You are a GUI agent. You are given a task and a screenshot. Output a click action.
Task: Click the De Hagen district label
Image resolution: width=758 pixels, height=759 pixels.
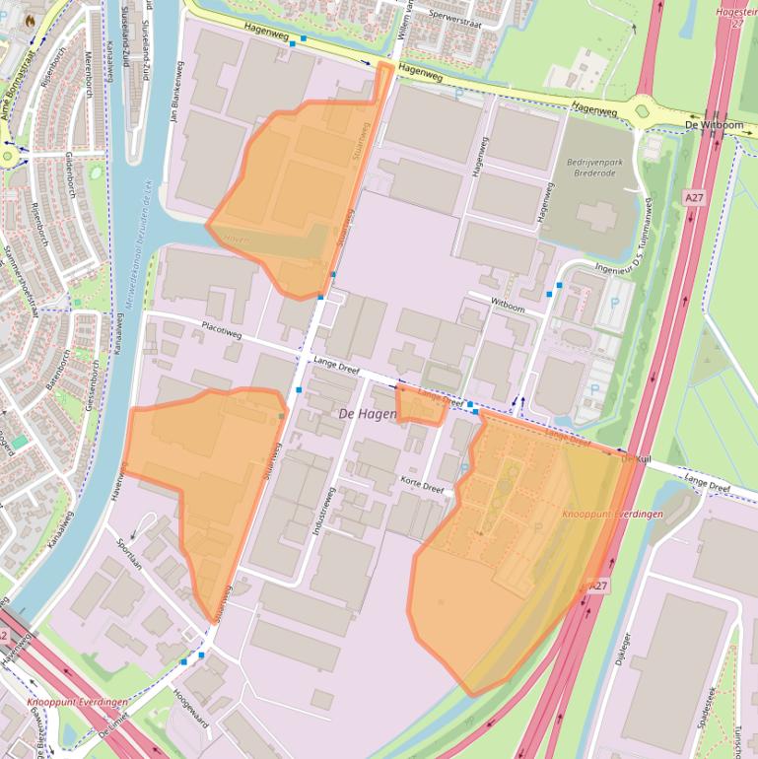pos(368,414)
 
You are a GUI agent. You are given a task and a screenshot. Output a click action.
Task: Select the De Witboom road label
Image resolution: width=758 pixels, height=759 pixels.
pos(714,126)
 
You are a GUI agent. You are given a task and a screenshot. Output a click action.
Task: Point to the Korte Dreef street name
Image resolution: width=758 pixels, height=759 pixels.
pos(423,481)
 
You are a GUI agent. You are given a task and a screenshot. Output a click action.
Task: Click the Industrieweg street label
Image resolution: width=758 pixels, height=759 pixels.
pos(322,511)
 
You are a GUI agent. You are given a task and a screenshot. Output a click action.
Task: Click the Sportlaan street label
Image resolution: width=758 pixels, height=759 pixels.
pos(129,556)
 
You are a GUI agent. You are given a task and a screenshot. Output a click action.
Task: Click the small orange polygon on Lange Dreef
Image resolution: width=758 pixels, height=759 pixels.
pos(422,405)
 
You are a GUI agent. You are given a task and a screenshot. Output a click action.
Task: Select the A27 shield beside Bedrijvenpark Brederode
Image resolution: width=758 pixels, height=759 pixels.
pos(694,198)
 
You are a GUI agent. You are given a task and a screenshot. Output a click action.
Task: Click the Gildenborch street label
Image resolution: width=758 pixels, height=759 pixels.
pos(68,177)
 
